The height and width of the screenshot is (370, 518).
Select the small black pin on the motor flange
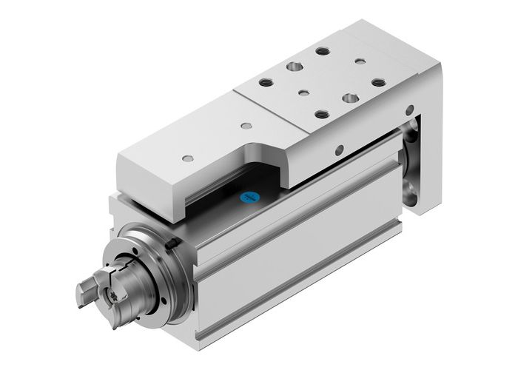coord(171,245)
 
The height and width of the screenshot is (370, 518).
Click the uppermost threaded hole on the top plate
coord(323,52)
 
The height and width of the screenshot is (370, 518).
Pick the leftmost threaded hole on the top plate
coord(266,83)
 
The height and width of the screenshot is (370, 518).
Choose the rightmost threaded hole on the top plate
coord(378,82)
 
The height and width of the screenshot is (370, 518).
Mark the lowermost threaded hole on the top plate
coord(323,114)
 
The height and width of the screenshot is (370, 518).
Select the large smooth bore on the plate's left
coord(295,67)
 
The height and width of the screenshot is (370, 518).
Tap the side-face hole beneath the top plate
coord(340,150)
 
